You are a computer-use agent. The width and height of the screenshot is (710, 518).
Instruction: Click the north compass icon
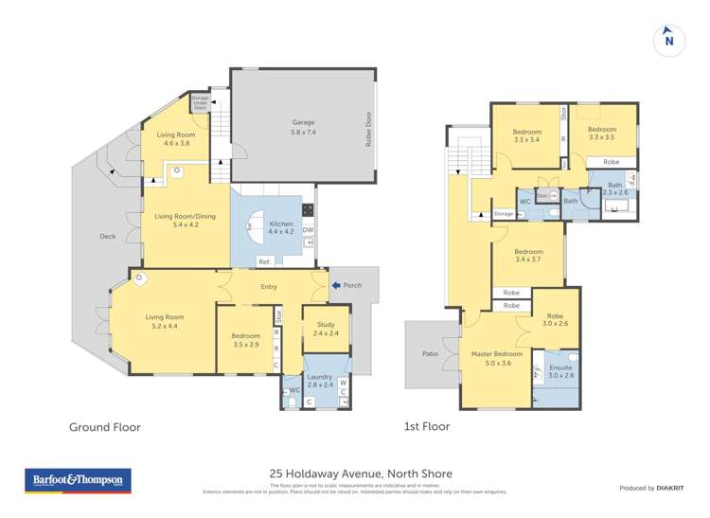coord(669,39)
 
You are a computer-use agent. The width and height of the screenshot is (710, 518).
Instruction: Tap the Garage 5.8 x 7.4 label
coord(303,127)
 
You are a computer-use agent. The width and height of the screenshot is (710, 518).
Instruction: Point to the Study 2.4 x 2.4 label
coord(326,329)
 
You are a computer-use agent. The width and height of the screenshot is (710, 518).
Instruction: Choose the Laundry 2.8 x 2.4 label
coord(319,381)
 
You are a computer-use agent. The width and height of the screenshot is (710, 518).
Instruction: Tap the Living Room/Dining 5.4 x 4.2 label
coord(185,221)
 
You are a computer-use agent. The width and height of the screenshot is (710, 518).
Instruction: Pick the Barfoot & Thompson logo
coord(77,482)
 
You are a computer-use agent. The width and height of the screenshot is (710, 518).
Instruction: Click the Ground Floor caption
coord(104,427)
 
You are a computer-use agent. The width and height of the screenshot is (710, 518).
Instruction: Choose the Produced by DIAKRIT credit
coord(649,488)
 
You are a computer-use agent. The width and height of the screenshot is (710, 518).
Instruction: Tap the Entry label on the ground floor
coord(268,284)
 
